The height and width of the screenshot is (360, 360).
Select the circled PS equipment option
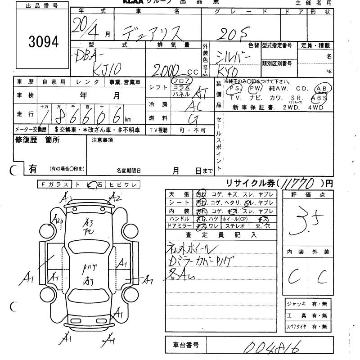(234, 89)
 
